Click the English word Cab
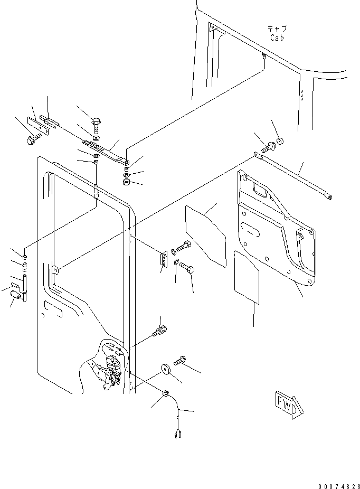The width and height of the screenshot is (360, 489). (x=277, y=38)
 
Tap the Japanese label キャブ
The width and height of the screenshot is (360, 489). (x=278, y=29)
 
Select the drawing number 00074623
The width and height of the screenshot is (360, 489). (x=339, y=486)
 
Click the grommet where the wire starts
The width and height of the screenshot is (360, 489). (x=166, y=393)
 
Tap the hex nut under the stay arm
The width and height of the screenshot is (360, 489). (x=127, y=182)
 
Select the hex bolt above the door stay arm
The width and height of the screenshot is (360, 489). (x=96, y=124)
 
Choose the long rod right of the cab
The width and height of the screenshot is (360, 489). (x=293, y=176)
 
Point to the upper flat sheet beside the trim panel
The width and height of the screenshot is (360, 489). (x=206, y=236)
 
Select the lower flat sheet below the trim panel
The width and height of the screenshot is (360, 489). (x=246, y=277)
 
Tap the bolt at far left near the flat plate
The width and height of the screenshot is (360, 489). (x=34, y=139)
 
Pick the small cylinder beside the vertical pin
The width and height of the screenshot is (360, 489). (x=16, y=294)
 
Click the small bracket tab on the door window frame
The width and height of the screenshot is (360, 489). (x=55, y=270)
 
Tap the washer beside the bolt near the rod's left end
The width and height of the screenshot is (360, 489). (x=280, y=141)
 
